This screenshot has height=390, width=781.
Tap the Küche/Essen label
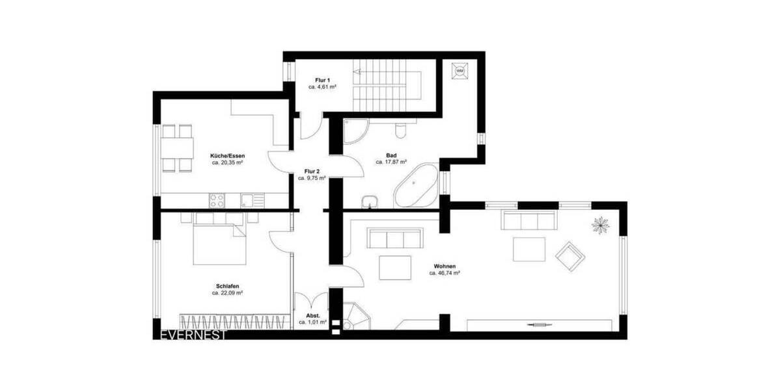coord(227,156)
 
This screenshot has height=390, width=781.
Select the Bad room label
coord(391,155)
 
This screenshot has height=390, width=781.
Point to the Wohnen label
coord(445,266)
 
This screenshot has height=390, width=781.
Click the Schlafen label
coord(227,286)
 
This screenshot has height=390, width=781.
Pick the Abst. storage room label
coord(312,315)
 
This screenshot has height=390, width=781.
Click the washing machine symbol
coord(461,70)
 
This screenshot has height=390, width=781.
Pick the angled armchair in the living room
coord(570,255)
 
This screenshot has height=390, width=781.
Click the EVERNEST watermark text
coord(193,335)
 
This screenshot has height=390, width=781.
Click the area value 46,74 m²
coord(445,274)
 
